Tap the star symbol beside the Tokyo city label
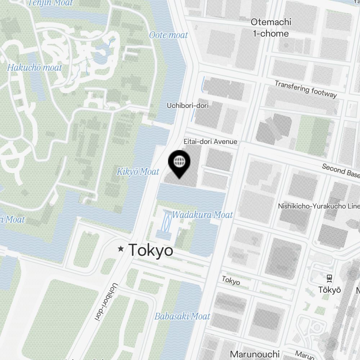pos(121,249)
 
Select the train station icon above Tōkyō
pos(329,278)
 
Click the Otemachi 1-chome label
pos(271,28)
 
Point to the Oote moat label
pos(168,35)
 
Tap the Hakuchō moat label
pos(35,67)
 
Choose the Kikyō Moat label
pos(138,172)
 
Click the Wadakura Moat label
pos(202,215)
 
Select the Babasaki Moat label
pos(182,316)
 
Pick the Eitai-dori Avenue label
pos(210,141)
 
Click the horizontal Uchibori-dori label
pos(188,105)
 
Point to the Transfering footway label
pos(306,89)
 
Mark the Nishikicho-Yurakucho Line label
pos(319,206)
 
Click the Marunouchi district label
pos(255,354)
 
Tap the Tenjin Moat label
pos(50,3)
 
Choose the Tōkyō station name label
pos(329,290)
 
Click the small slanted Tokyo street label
pos(231,280)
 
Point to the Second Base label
pos(341,171)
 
